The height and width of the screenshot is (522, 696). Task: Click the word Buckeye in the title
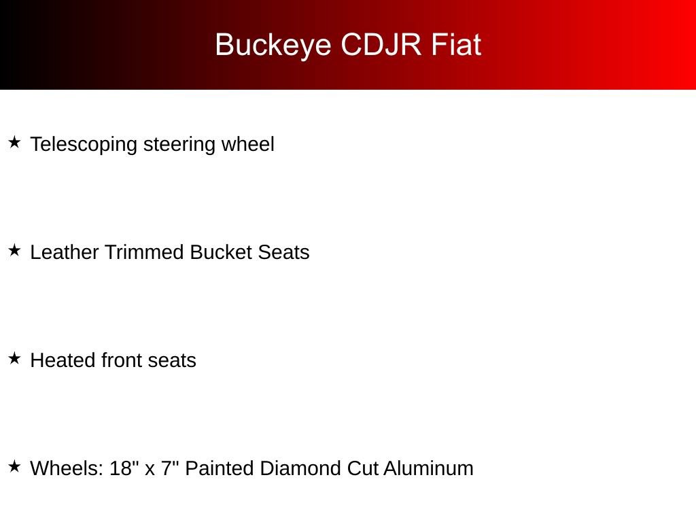click(273, 46)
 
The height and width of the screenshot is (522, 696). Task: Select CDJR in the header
click(381, 44)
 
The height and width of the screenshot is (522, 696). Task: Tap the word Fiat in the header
click(456, 44)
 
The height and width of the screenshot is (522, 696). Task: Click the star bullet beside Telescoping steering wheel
click(15, 143)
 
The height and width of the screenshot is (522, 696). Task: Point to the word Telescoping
click(84, 145)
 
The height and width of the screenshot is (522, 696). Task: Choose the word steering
click(179, 145)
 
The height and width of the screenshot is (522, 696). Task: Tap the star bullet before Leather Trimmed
click(15, 250)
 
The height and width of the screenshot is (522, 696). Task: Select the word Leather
click(65, 252)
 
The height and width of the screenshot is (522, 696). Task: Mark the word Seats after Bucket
click(283, 252)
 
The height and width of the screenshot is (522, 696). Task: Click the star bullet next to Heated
click(15, 358)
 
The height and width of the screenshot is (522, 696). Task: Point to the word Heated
click(63, 360)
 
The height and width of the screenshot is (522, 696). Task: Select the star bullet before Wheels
click(15, 466)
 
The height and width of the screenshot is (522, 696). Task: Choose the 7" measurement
click(170, 468)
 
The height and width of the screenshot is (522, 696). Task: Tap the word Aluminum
click(428, 468)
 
